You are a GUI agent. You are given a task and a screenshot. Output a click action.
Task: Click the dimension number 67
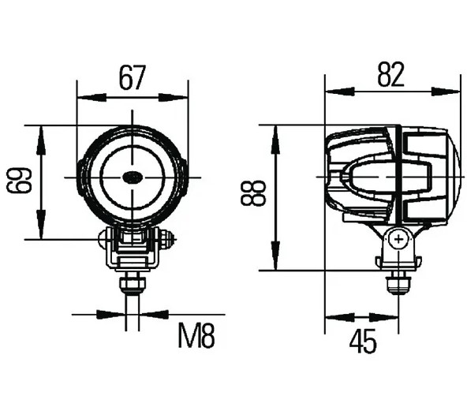tap(133, 78)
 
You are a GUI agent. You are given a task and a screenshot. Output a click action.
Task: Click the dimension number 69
tap(19, 180)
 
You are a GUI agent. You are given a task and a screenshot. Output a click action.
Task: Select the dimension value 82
tap(391, 74)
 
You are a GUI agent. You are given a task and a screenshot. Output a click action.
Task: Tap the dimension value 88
tap(253, 193)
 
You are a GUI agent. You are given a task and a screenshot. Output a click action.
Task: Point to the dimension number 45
tap(363, 342)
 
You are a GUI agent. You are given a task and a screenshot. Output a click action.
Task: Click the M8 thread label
tap(196, 335)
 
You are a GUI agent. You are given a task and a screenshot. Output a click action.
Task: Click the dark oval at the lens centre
tap(133, 177)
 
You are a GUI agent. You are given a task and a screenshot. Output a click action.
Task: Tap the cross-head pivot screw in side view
tap(398, 239)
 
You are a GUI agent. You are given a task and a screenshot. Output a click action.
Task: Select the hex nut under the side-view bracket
tap(398, 286)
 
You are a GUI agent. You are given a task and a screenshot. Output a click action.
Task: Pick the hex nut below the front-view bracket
tap(133, 286)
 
